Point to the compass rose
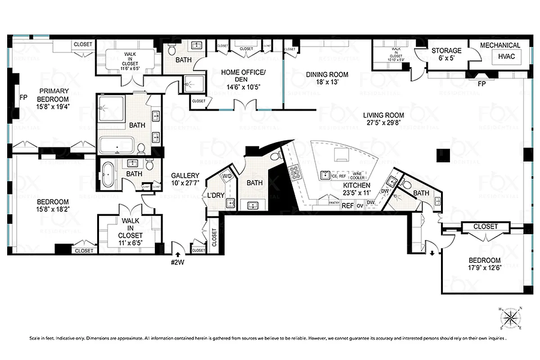point(511,318)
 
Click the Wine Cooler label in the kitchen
point(358,175)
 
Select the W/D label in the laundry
point(227,177)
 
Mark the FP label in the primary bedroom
point(21,97)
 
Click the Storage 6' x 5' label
point(446,54)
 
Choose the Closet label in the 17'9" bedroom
point(486,227)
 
